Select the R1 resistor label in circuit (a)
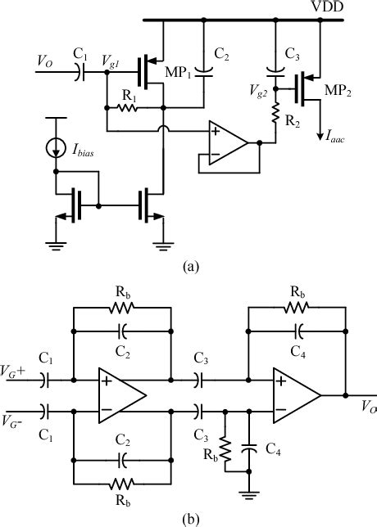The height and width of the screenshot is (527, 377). pyautogui.click(x=128, y=96)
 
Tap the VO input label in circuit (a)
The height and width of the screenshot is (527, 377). pyautogui.click(x=49, y=61)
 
